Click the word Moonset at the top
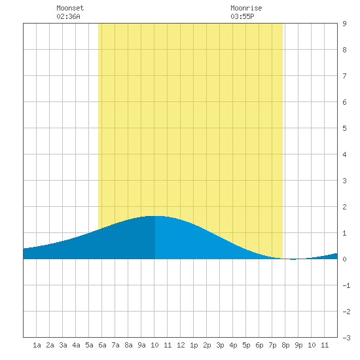[x=70, y=8]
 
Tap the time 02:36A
[x=68, y=16]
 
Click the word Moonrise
[x=246, y=8]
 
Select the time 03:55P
[x=242, y=16]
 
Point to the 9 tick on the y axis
[x=344, y=24]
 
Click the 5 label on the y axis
[x=344, y=128]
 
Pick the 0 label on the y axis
[x=344, y=259]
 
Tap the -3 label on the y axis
[x=346, y=338]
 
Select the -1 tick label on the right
[x=346, y=285]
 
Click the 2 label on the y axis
[x=344, y=207]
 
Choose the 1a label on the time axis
[x=37, y=345]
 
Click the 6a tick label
[x=102, y=345]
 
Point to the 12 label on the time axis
[x=181, y=345]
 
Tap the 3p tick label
[x=220, y=345]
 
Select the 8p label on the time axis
[x=285, y=345]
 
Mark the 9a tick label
[x=141, y=345]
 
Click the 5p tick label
[x=246, y=345]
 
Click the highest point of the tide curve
[x=154, y=216]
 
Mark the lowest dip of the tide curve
[x=293, y=259]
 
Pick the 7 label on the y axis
[x=344, y=76]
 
